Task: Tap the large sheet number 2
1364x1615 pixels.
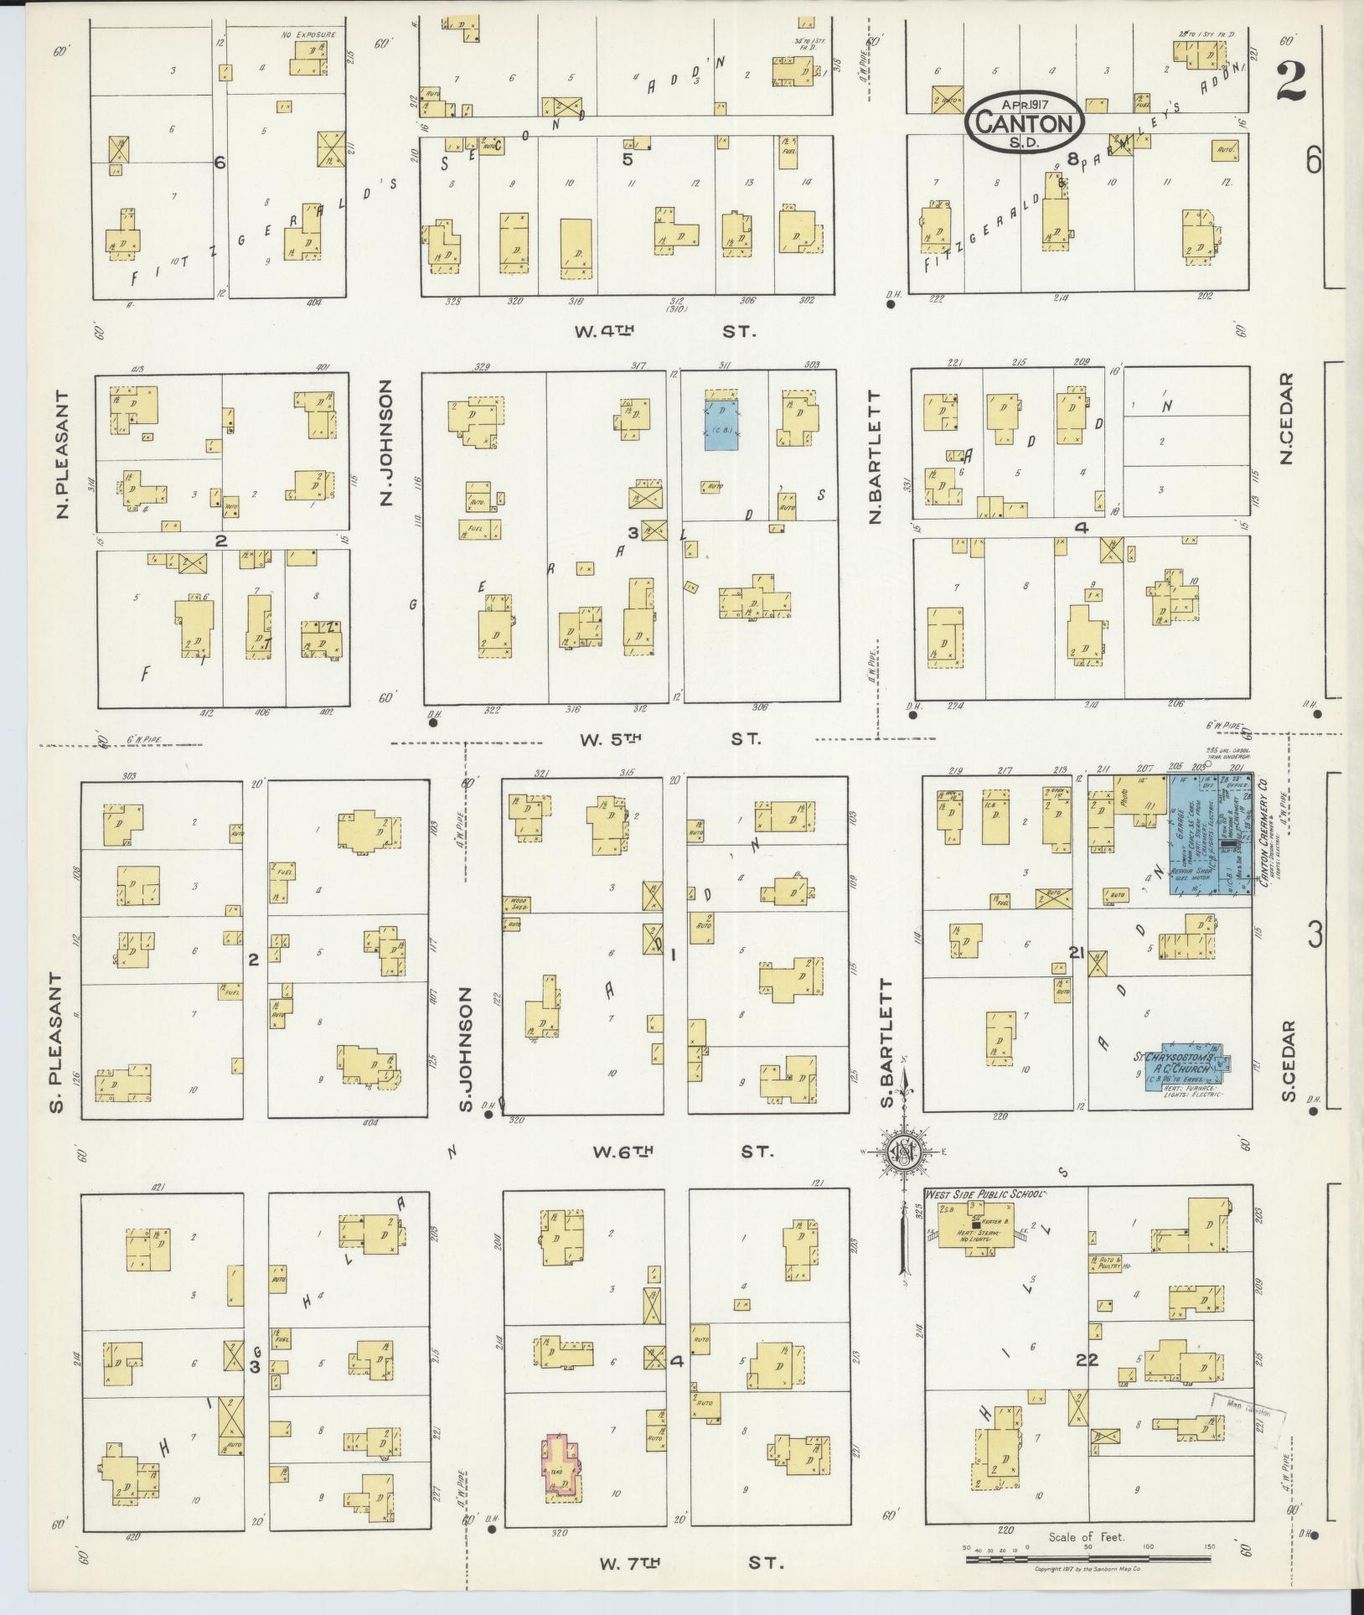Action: pyautogui.click(x=1295, y=81)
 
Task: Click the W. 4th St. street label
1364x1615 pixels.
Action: pyautogui.click(x=664, y=331)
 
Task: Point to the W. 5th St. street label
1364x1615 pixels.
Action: pyautogui.click(x=668, y=739)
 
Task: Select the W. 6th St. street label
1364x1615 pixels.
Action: pyautogui.click(x=682, y=1152)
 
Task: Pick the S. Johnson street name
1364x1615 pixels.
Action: pyautogui.click(x=466, y=1048)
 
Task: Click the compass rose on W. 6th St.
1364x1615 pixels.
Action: pyautogui.click(x=905, y=1152)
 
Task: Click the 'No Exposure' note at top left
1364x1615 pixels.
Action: pyautogui.click(x=308, y=35)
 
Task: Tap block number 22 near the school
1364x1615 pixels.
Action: pyautogui.click(x=1088, y=1360)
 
